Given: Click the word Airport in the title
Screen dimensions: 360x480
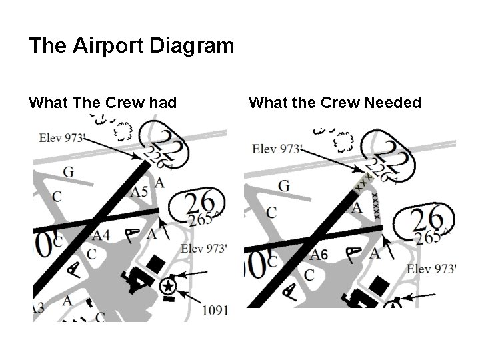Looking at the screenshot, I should pos(110,47).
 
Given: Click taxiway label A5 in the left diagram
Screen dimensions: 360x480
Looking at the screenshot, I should pos(139,193).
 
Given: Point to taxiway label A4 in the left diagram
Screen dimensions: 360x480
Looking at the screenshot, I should pos(101,235).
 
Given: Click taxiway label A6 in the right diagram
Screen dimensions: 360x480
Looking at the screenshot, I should pos(319,254).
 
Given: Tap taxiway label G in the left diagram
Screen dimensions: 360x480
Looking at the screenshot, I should pos(68,173).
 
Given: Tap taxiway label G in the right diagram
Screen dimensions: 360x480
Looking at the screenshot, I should pos(283,185).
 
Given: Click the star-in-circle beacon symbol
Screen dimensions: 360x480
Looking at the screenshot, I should pos(167,287).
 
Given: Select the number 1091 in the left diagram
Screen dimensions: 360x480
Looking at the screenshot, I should pos(214,310).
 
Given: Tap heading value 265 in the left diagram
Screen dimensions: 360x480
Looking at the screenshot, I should pos(199,219).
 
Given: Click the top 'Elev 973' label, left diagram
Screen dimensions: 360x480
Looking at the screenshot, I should pos(62,138).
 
